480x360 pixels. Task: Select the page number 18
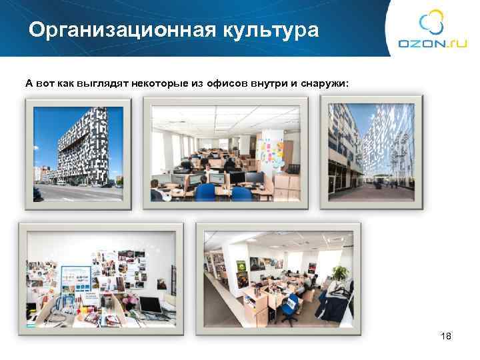446,336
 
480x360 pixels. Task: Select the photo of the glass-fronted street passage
366,153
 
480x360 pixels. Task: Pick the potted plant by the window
340,273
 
